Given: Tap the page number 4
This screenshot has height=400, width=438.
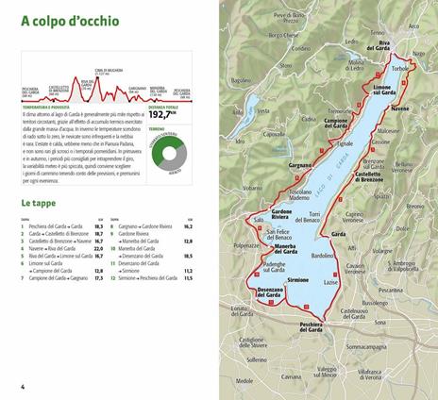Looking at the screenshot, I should coord(21,388).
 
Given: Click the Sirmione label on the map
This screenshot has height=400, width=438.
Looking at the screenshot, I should coord(297,281).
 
